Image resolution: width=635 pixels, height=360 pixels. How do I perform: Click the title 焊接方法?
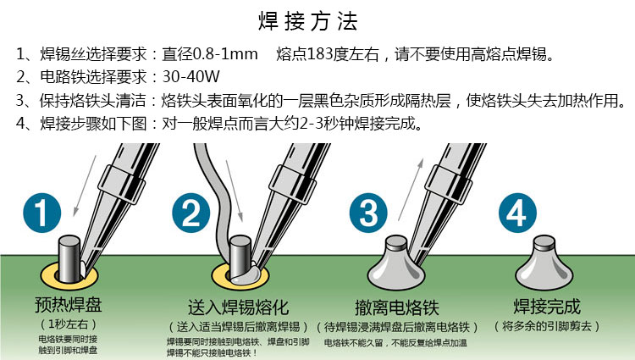coord(308,21)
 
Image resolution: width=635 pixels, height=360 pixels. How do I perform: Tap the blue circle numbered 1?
coord(42,213)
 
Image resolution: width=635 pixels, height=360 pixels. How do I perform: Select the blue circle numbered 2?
coord(190,213)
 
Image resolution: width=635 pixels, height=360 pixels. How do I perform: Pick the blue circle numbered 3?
coord(368,213)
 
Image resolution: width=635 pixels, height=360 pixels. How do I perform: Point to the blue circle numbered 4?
coord(517,213)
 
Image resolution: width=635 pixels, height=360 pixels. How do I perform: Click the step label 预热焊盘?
coord(68,305)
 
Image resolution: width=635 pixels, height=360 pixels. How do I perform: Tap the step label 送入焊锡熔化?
coord(238,307)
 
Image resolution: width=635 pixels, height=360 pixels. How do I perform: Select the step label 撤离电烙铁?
coord(397,307)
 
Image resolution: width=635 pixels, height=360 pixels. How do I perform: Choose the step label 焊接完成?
coord(547,307)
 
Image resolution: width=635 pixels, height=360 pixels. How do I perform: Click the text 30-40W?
coord(190,76)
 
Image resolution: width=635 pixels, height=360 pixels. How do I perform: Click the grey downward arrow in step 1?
coord(85,186)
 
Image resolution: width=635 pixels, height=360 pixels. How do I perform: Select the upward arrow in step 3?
coord(411,190)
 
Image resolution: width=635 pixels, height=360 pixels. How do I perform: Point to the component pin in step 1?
coord(69,259)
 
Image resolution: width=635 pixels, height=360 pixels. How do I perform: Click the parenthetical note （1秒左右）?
coord(68,324)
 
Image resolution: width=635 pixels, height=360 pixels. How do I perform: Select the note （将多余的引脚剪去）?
coord(547,326)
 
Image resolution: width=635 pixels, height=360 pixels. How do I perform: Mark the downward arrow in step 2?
coord(234,191)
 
